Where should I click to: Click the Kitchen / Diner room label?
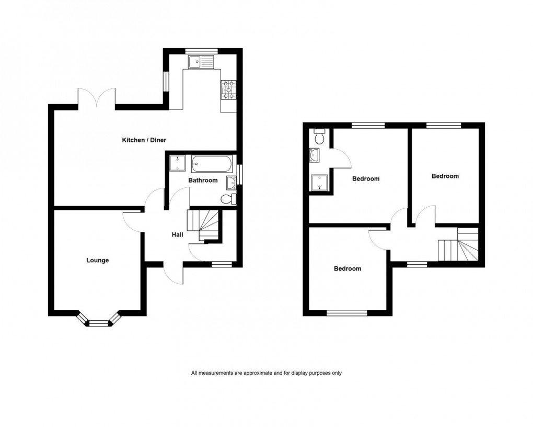(140, 140)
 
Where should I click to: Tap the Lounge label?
(98, 260)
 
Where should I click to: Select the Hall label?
(178, 235)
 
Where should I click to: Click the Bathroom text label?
(203, 181)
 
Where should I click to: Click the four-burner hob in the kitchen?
(228, 89)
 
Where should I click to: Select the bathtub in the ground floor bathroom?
(211, 164)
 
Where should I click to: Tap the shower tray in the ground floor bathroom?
(178, 164)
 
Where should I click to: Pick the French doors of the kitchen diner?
(97, 98)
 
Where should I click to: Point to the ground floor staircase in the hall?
(204, 225)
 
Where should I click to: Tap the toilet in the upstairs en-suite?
(320, 137)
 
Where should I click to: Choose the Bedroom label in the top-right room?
(445, 176)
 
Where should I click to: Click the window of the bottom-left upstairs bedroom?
(347, 313)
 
